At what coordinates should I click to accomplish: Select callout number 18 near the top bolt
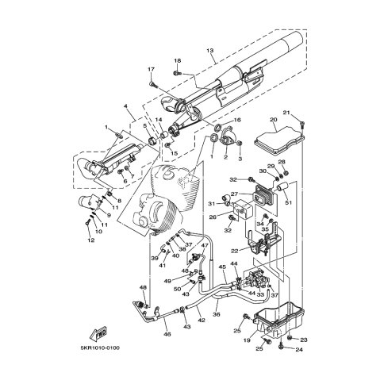click(x=177, y=61)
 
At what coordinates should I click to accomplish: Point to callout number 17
click(x=149, y=70)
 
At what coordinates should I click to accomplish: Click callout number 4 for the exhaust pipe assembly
click(x=125, y=106)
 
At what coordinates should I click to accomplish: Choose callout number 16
click(x=236, y=120)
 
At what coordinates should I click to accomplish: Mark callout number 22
click(x=235, y=251)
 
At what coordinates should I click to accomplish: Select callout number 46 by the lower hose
click(x=167, y=336)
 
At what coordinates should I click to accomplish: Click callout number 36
click(x=217, y=315)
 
